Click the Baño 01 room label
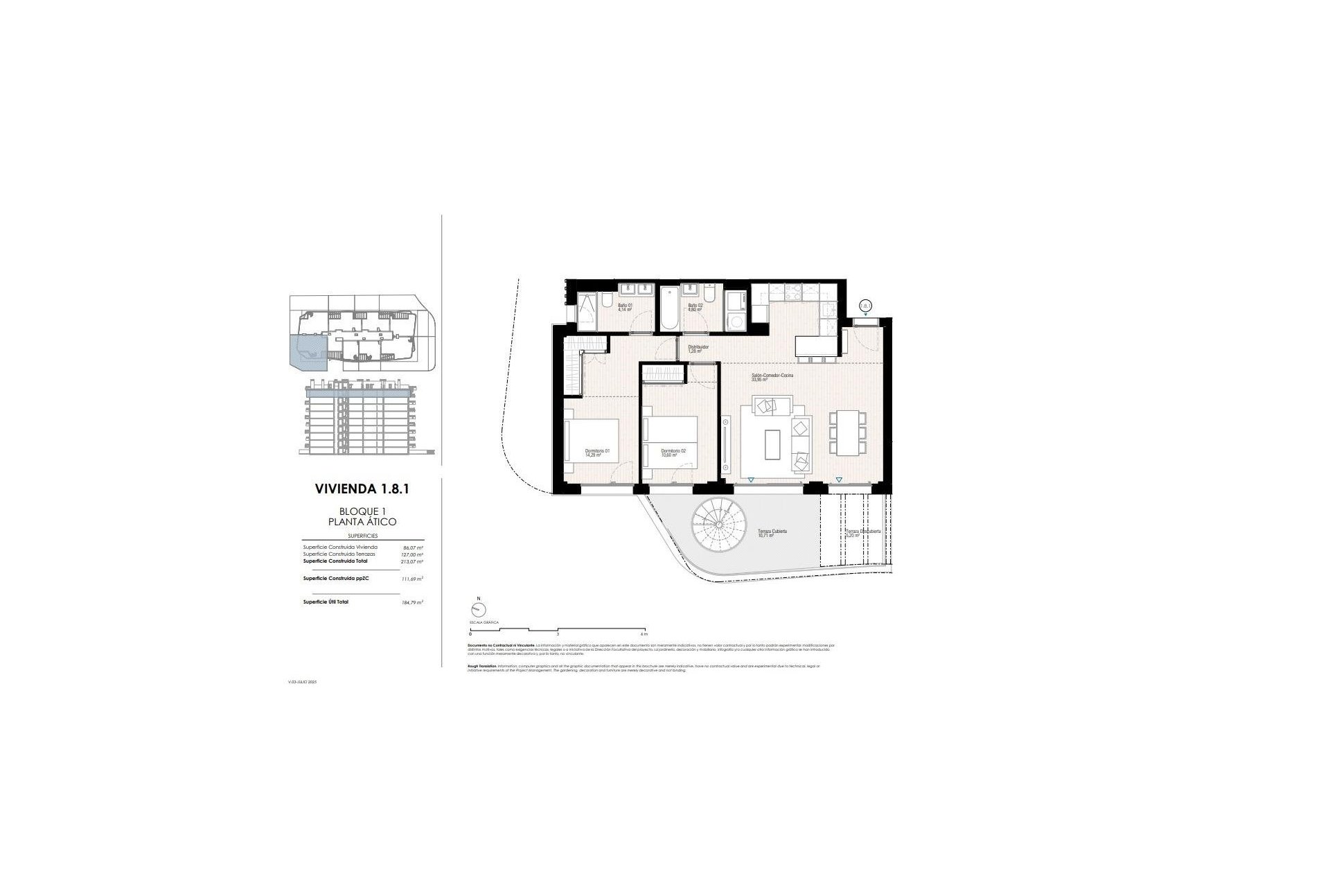(625, 307)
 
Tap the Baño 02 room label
(695, 307)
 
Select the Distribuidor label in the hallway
(698, 349)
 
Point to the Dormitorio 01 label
(597, 453)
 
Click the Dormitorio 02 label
(673, 453)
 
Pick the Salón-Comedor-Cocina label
(772, 377)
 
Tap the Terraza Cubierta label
(772, 532)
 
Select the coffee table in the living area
(772, 444)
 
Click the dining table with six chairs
(847, 432)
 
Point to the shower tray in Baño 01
(587, 312)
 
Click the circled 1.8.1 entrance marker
(865, 305)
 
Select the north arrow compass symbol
(477, 610)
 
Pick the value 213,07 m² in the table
(411, 562)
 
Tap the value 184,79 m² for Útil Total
(411, 602)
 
